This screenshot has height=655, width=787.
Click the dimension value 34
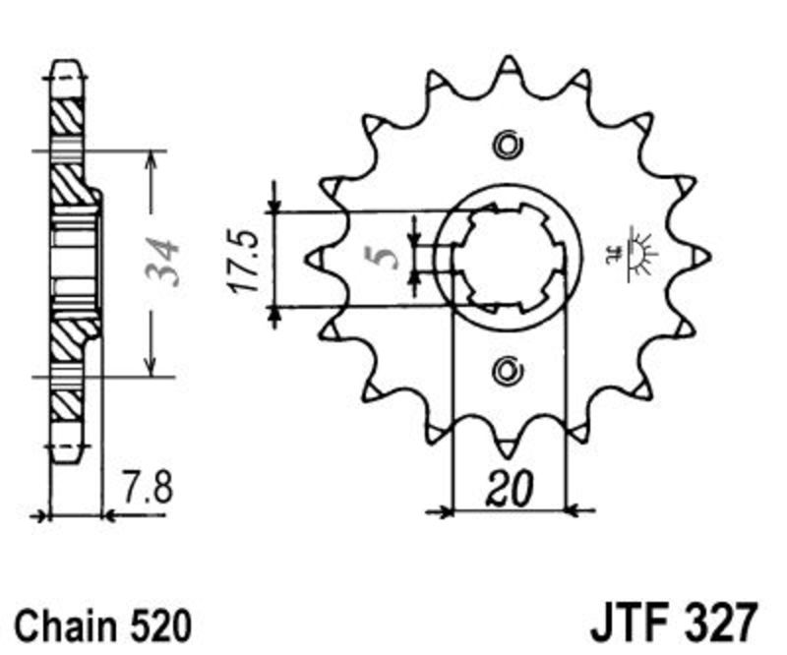coord(163,263)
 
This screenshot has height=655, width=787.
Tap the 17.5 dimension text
coord(243,261)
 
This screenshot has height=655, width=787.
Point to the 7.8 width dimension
coord(147,488)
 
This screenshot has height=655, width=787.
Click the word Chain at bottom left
coord(63,625)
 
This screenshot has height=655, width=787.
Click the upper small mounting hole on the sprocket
coord(508,145)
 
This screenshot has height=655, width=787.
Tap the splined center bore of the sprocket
coord(508,257)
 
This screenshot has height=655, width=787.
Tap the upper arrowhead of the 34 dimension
coord(151,157)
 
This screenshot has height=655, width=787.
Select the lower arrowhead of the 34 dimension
coord(151,368)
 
